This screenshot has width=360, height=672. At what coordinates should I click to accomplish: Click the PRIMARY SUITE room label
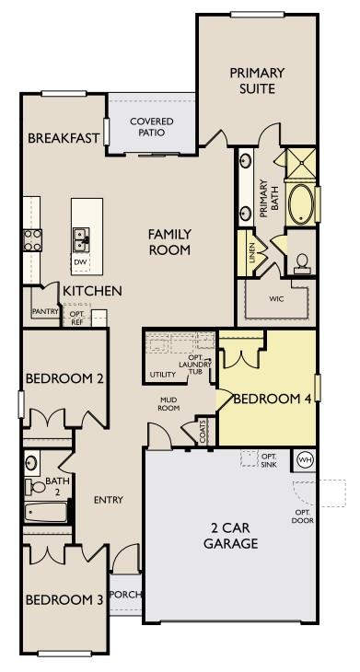click(x=257, y=80)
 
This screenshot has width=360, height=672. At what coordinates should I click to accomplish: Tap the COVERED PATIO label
click(x=152, y=127)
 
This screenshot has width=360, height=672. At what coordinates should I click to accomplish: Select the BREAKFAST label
click(x=64, y=139)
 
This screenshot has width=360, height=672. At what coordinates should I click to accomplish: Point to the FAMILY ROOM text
click(x=169, y=242)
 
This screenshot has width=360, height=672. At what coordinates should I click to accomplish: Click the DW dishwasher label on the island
click(x=81, y=261)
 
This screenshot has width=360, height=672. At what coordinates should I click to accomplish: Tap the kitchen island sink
click(x=82, y=238)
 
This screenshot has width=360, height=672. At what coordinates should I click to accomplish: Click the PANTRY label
click(x=45, y=312)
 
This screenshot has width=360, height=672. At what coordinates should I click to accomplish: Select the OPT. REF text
click(x=78, y=319)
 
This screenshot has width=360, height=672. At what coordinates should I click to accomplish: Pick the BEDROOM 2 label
click(x=64, y=378)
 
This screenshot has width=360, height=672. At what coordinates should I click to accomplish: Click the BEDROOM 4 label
click(x=266, y=399)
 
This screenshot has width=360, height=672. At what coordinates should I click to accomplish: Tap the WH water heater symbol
click(x=305, y=459)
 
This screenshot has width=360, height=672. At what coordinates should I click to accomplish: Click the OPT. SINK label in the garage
click(x=269, y=460)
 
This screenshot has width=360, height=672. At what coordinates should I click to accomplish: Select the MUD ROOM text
click(x=168, y=403)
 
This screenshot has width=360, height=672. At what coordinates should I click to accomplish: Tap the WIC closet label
click(x=276, y=299)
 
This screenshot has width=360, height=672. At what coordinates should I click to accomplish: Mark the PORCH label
click(x=126, y=595)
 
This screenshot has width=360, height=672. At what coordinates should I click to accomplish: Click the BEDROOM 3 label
click(x=64, y=600)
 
